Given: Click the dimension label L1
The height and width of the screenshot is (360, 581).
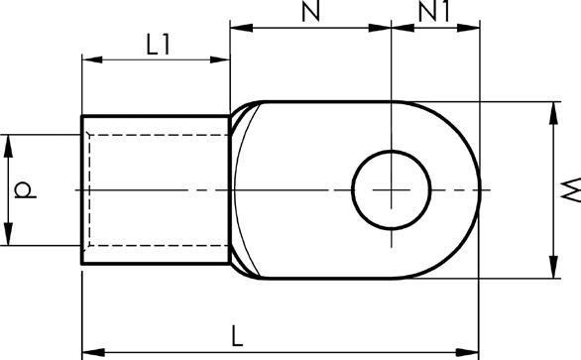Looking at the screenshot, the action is (x=159, y=45).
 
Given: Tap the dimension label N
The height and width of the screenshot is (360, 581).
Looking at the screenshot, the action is (x=311, y=11).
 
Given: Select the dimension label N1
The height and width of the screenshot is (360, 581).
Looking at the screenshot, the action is (x=433, y=11).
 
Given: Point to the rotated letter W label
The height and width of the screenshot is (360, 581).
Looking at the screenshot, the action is (x=571, y=189).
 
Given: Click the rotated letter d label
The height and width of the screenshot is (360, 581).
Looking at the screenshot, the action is (x=25, y=189).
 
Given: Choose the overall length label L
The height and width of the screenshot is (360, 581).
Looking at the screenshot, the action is (x=237, y=336).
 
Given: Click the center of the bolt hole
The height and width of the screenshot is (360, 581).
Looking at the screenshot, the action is (x=392, y=189).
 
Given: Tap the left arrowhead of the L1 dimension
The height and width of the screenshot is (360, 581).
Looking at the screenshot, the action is (x=92, y=60).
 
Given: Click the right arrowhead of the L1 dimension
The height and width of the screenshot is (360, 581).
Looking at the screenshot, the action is (x=220, y=60).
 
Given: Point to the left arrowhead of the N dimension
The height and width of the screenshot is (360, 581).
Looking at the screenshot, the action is (x=241, y=28).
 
